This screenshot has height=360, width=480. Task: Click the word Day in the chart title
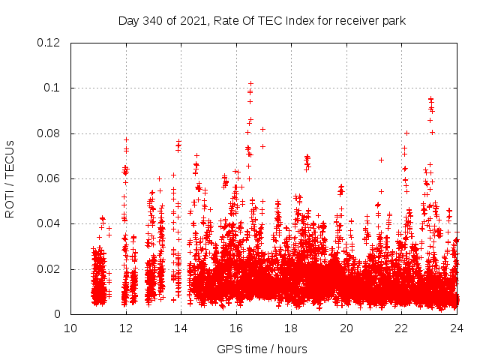click(129, 21)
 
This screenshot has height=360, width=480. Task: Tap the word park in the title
click(393, 21)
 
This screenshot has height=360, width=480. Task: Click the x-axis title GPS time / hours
click(262, 349)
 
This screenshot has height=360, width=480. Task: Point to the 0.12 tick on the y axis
click(49, 43)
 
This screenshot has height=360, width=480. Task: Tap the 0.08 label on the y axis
click(49, 133)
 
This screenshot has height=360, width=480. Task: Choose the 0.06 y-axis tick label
click(49, 178)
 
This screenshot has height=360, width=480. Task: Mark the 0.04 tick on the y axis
click(49, 223)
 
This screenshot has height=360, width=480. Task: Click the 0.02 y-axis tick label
click(49, 269)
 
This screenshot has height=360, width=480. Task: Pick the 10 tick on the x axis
click(70, 328)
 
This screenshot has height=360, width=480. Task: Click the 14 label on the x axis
click(181, 328)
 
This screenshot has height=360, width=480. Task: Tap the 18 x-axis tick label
click(291, 328)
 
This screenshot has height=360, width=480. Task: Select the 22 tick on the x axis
click(402, 328)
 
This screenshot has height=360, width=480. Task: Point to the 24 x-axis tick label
click(457, 328)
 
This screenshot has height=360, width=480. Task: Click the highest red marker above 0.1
click(250, 83)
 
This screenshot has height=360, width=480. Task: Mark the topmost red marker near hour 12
click(126, 139)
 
